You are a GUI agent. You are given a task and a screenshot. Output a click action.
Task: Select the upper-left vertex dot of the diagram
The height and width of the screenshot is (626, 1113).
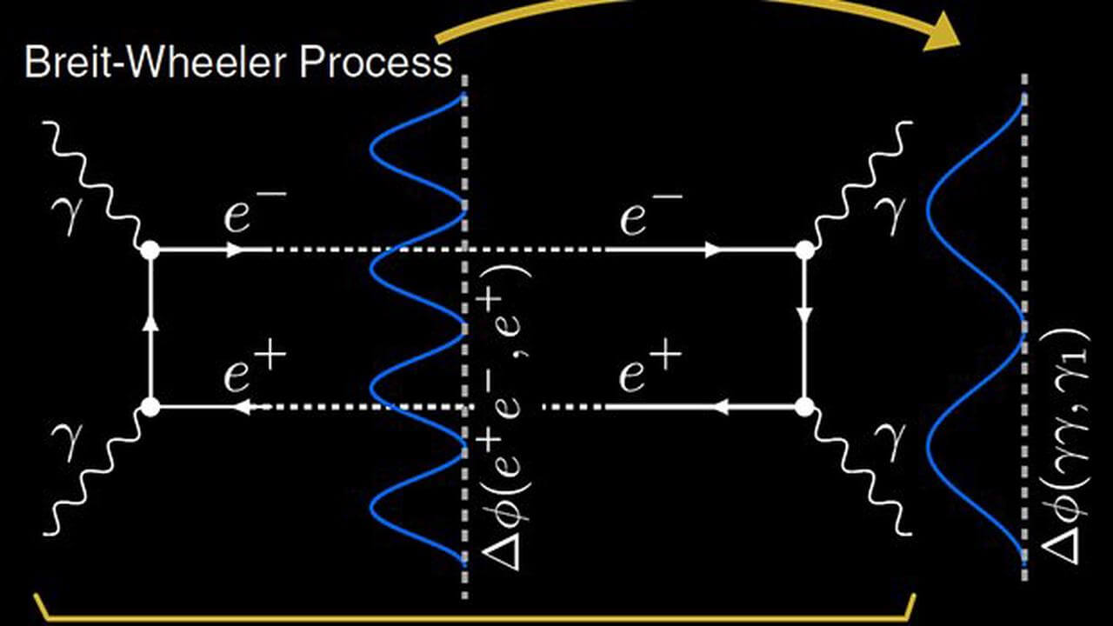tap(150, 250)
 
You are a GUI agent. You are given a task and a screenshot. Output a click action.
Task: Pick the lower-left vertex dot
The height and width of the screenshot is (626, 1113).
tap(150, 406)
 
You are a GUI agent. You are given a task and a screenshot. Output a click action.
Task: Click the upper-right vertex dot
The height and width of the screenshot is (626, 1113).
tap(804, 250)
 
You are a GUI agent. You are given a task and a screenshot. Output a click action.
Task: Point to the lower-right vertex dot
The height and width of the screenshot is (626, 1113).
tap(804, 406)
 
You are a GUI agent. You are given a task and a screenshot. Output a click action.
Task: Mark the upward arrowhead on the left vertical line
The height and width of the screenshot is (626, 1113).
tap(150, 322)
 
